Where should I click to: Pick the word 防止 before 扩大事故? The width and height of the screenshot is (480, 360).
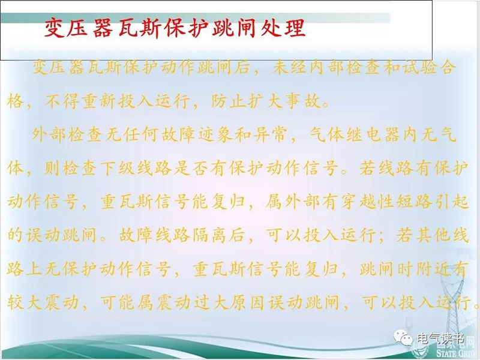click(x=228, y=101)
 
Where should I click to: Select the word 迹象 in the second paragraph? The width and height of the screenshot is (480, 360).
click(x=215, y=134)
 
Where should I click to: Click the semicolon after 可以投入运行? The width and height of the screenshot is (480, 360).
click(x=381, y=236)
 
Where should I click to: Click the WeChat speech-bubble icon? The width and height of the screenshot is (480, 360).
click(x=403, y=338)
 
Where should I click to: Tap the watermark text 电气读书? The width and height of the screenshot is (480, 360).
click(x=440, y=338)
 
